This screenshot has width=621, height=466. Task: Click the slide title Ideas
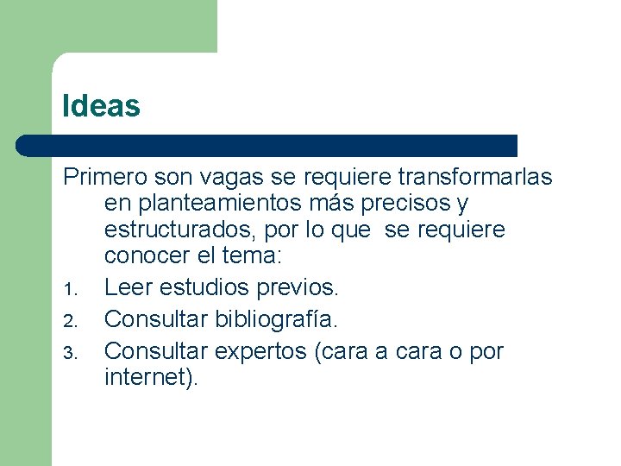tap(101, 106)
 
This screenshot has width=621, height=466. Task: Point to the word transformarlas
tap(475, 177)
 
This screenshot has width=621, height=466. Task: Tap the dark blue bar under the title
tap(267, 145)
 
